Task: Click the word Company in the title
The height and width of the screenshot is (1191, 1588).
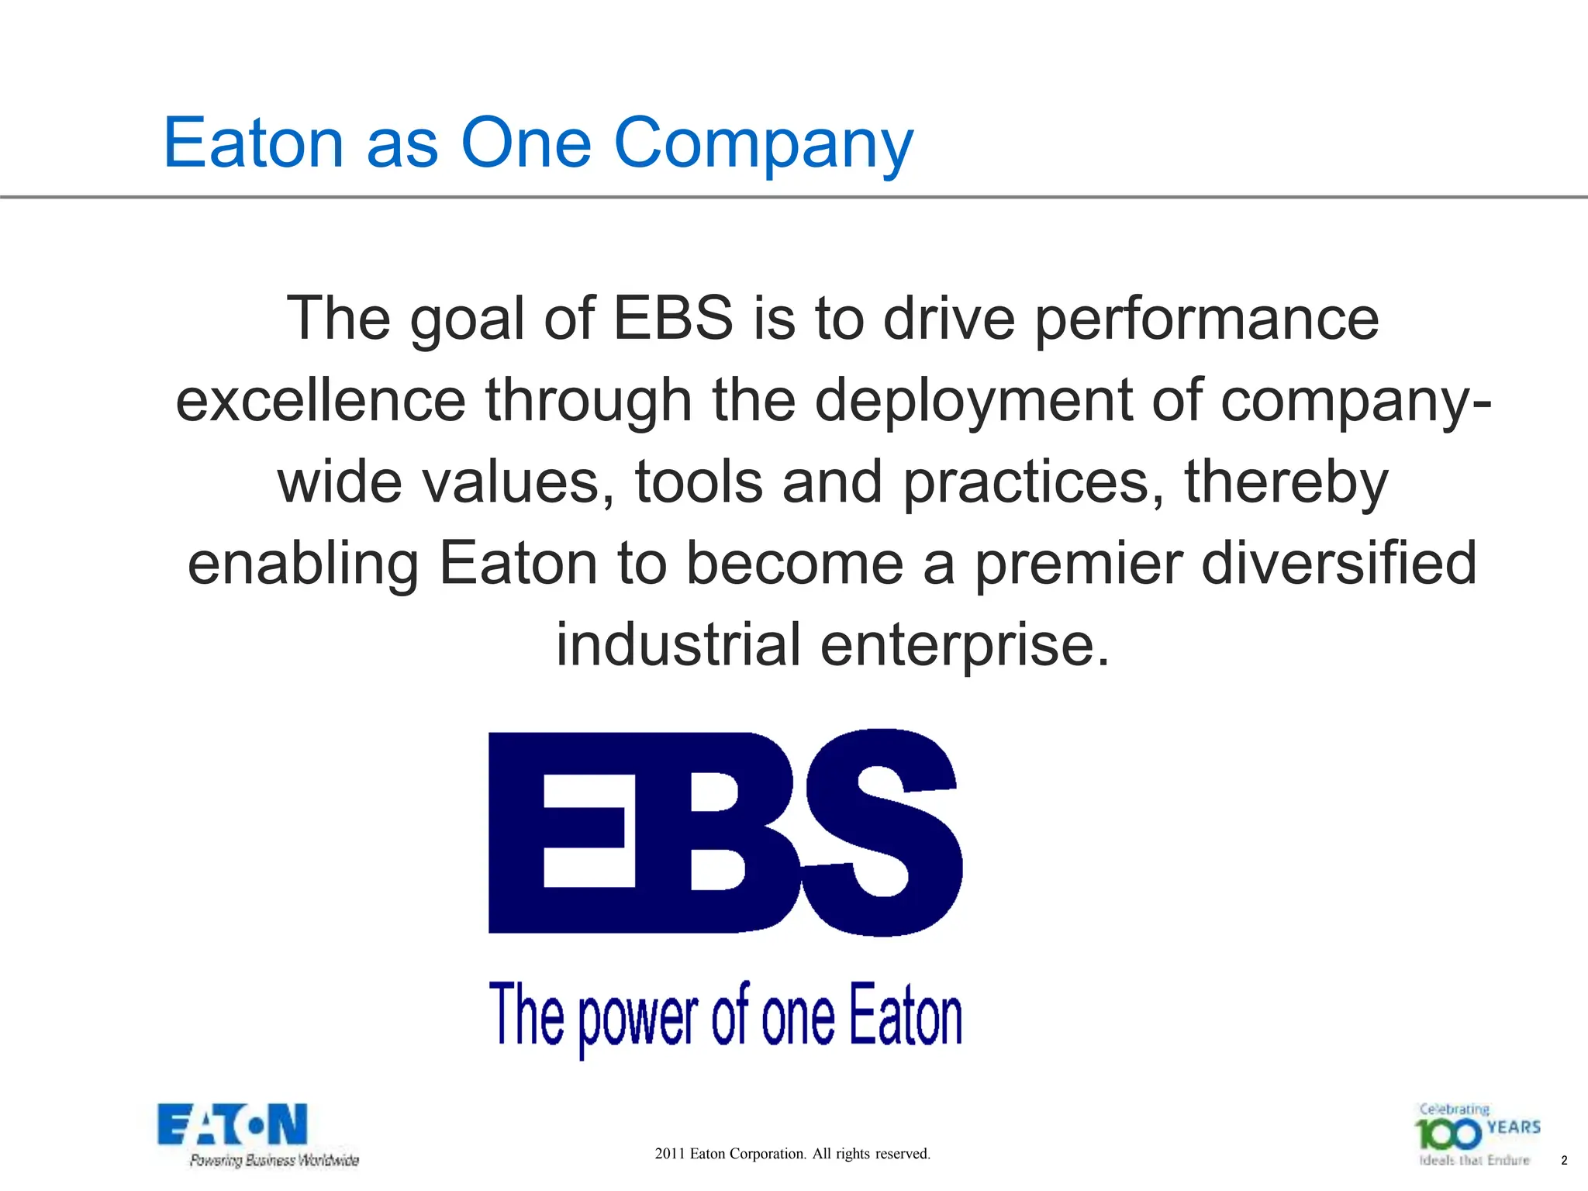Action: click(x=764, y=143)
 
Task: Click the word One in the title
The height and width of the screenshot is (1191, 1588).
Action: click(x=526, y=143)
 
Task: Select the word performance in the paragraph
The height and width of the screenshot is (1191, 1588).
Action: click(x=1207, y=319)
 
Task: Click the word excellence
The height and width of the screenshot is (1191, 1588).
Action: click(x=320, y=401)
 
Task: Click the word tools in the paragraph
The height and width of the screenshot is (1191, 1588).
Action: click(x=698, y=482)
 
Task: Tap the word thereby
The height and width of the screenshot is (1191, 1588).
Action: click(x=1286, y=482)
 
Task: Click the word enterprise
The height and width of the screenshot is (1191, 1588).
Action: click(x=965, y=644)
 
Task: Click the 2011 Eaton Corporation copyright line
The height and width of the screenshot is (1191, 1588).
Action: click(x=792, y=1154)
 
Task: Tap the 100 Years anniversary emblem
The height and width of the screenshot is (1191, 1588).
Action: click(x=1478, y=1134)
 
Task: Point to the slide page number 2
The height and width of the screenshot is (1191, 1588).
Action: click(x=1564, y=1161)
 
